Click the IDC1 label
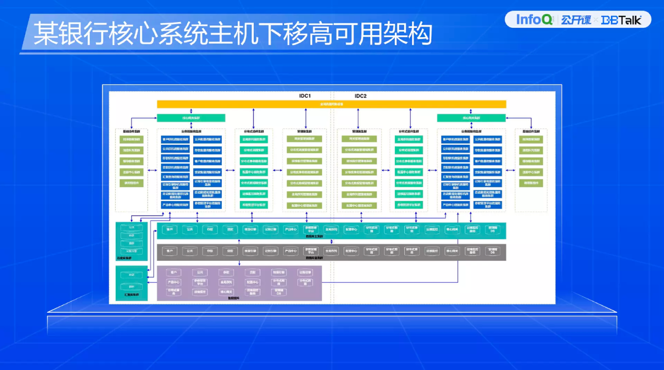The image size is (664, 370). pos(305,96)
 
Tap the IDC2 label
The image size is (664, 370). pos(360,96)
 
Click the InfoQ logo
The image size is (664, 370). pos(534,20)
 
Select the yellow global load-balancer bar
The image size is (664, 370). pos(331,104)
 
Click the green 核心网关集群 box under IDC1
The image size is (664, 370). pos(191,118)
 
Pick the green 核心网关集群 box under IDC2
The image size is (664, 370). pos(471,118)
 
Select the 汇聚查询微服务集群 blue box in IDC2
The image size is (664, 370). pos(456,177)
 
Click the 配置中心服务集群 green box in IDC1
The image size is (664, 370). pos(254,172)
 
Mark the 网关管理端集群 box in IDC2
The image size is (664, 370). pos(360,139)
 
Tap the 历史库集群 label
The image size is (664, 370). pos(124,258)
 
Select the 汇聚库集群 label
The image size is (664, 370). pos(131,295)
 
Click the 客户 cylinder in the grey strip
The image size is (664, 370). pos(169,251)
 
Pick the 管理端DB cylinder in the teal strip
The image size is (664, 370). pos(492,230)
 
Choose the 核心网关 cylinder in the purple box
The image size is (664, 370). pos(226,292)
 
